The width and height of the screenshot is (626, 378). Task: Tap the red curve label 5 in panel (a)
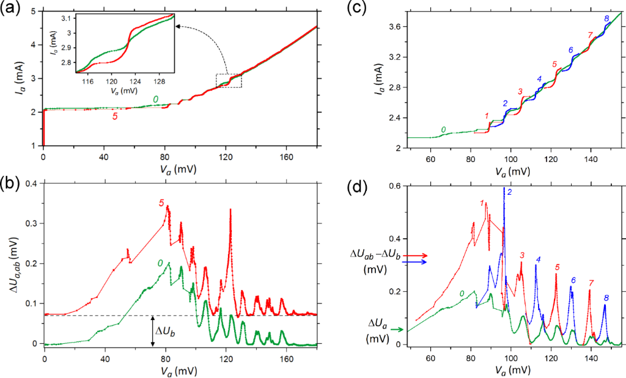click(x=114, y=116)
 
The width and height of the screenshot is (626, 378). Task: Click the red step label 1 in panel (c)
click(x=487, y=115)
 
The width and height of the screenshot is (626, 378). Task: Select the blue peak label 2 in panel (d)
click(x=509, y=192)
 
